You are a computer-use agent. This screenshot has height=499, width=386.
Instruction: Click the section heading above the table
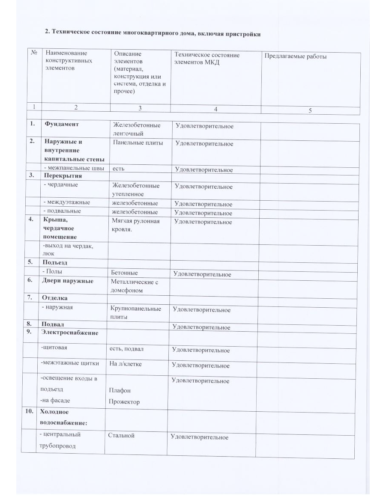tap(153, 33)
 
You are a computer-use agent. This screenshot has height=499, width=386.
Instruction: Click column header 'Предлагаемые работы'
tap(296, 56)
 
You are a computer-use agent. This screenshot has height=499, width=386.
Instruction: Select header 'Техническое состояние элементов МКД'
tap(206, 59)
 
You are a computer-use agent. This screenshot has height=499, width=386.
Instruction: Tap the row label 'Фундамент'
tap(61, 125)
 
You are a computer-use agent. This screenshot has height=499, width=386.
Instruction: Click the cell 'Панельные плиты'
tap(138, 143)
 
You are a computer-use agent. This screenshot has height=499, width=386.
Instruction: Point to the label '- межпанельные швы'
tap(74, 169)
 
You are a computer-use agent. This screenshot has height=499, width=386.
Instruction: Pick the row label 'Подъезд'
tap(55, 262)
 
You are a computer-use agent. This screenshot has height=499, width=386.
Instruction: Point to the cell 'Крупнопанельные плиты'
tap(136, 312)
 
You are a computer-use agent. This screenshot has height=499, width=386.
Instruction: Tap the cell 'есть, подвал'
tap(126, 349)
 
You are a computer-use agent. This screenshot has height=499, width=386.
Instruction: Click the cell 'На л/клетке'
tap(124, 364)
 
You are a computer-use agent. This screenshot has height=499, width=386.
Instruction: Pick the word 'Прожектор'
tap(124, 402)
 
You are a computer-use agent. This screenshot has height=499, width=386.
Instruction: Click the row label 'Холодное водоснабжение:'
tap(63, 417)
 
